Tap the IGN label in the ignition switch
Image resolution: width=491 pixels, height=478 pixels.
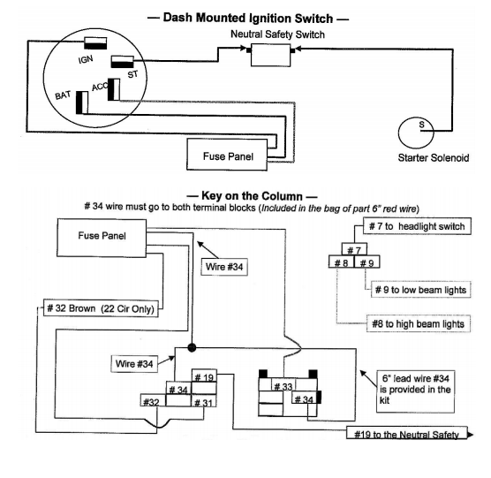86,60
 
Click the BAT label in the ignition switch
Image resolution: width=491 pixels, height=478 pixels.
63,94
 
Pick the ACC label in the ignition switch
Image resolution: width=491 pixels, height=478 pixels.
99,87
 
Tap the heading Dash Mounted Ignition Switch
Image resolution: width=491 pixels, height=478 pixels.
256,18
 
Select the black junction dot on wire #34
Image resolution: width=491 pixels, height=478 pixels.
191,348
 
